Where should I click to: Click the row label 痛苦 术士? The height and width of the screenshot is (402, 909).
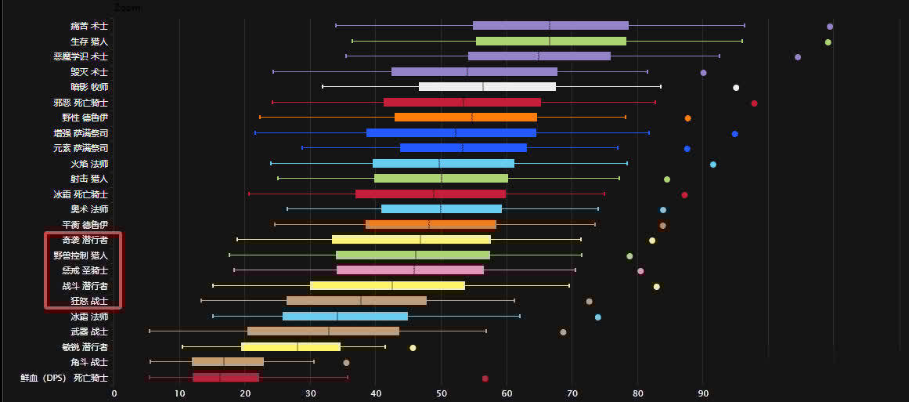click(88, 26)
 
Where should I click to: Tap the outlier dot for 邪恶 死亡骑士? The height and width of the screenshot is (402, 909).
click(754, 103)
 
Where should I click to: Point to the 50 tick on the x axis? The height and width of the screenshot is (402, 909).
click(442, 393)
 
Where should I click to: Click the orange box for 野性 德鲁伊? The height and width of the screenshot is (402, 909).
click(465, 117)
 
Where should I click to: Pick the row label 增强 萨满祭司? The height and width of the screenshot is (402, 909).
click(81, 132)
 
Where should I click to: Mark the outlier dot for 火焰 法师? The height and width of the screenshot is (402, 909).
click(712, 164)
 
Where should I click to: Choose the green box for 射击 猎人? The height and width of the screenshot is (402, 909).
click(441, 178)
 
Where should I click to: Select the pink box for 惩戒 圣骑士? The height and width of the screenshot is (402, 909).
click(409, 270)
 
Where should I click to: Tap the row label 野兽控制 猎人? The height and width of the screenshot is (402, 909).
click(81, 255)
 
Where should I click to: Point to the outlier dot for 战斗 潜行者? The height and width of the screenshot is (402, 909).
click(656, 286)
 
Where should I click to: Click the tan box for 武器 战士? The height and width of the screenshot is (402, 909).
click(323, 331)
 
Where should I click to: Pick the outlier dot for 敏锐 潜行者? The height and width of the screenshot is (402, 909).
click(413, 347)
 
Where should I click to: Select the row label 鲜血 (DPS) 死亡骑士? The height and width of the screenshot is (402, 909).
click(64, 377)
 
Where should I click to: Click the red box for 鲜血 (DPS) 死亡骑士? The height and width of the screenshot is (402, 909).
click(225, 377)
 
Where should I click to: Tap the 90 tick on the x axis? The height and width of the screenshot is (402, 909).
click(703, 393)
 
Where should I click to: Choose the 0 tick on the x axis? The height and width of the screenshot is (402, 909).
click(114, 393)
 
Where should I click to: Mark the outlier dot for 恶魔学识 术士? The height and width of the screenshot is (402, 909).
click(797, 56)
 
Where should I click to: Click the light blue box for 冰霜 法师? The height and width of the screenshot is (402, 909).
click(345, 316)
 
